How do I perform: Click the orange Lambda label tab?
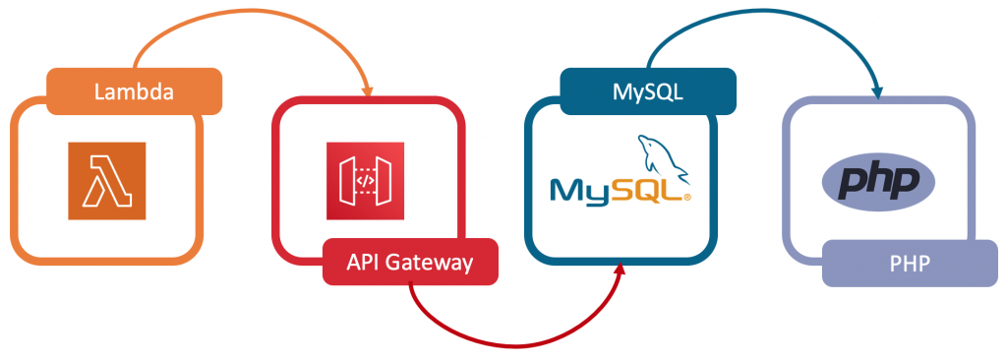[135, 92]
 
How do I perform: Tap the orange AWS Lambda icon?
[107, 181]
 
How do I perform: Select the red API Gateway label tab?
[410, 263]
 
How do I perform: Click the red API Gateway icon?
[365, 181]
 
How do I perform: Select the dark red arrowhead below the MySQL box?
[620, 270]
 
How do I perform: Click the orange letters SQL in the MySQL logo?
[651, 189]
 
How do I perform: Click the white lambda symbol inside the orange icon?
[107, 181]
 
